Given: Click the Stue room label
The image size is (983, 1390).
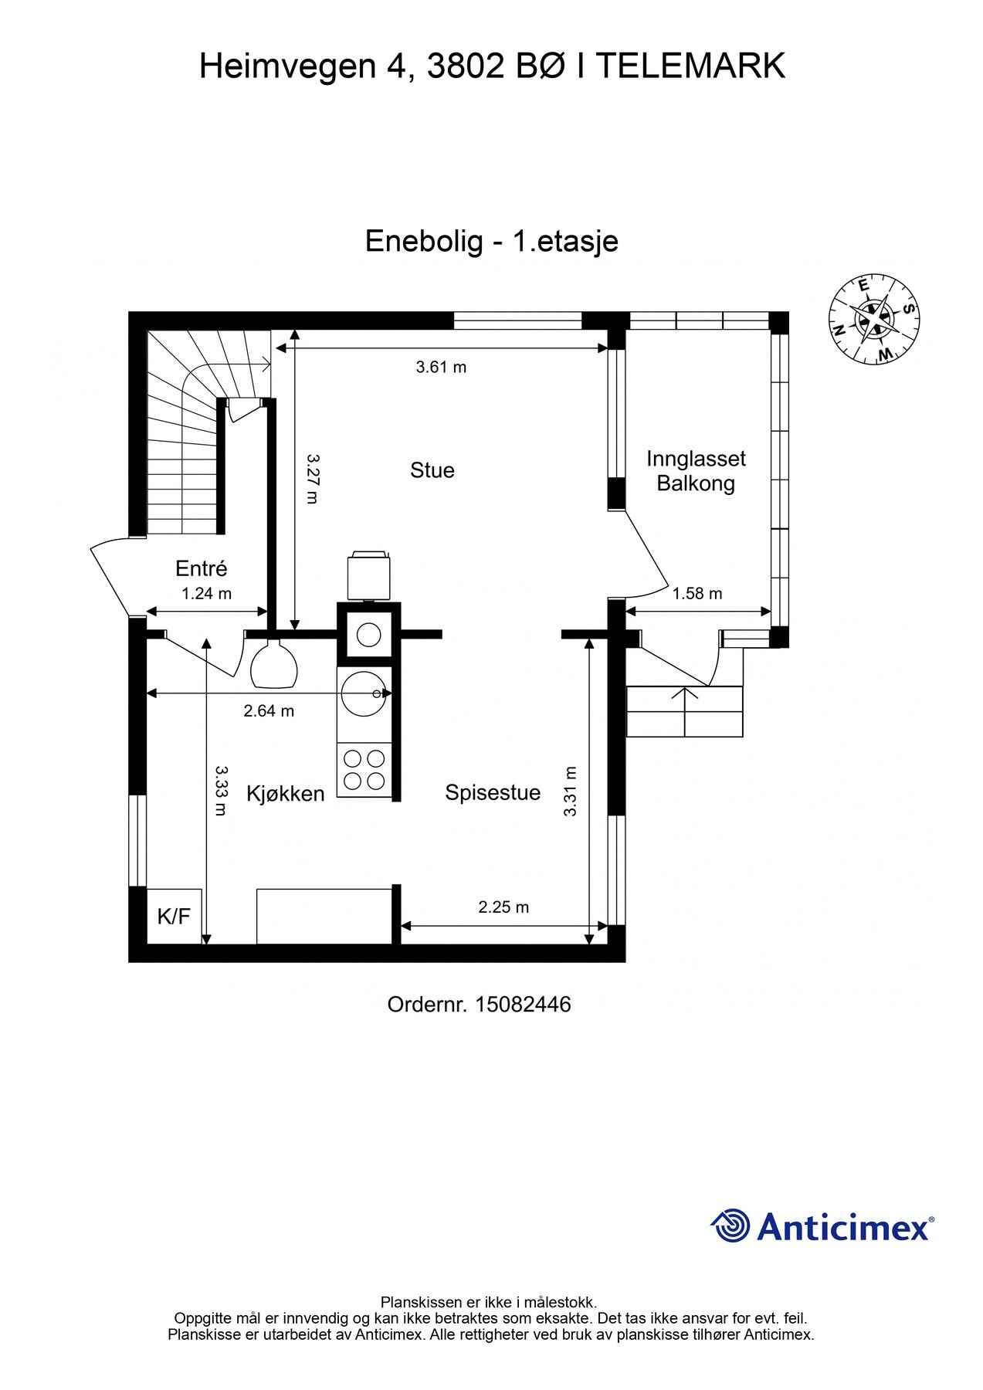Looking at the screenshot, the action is pos(432,470).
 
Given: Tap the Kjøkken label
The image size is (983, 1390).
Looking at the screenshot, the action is pos(286,794).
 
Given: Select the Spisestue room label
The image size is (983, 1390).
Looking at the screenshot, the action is pos(493,793).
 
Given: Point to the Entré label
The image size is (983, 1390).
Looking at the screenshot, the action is pos(202,568).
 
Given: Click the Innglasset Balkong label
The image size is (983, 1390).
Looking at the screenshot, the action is pos(696,471).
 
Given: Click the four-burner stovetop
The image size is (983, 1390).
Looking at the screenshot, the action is pos(364,770).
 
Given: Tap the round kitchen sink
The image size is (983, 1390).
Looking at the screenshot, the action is pos(364,693).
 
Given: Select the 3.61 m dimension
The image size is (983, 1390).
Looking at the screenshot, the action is pos(441,368).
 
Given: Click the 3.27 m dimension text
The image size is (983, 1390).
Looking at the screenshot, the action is pos(312,478).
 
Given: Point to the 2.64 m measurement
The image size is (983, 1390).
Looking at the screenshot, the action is pos(269,711).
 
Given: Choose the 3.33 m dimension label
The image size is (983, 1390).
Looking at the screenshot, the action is pos(221,791).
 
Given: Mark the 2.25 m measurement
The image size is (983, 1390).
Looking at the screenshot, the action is pos(503,907).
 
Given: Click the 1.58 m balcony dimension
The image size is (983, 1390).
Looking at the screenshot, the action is pos(697,594).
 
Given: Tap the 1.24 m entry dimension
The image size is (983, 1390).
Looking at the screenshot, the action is pos(206,594).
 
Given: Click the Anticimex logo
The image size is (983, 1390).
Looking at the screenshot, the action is pos(822,1226).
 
